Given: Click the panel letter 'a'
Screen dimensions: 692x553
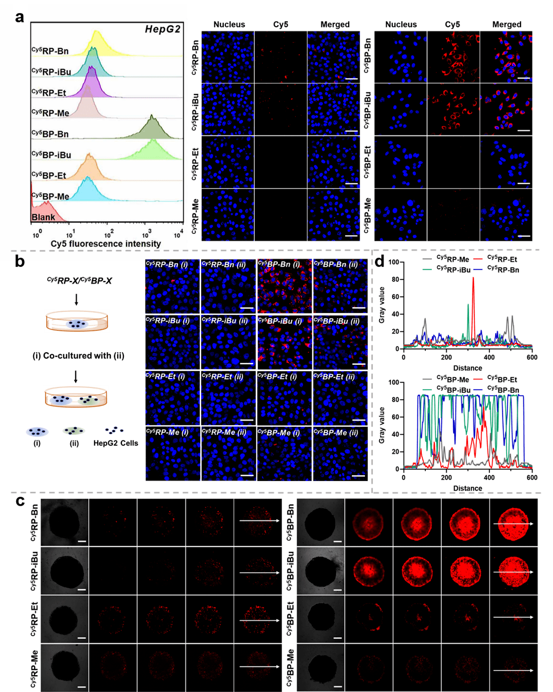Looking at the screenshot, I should (20, 17).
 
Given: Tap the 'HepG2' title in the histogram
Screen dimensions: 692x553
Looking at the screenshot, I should (162, 29).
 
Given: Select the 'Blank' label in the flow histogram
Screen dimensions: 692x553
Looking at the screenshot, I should (43, 217).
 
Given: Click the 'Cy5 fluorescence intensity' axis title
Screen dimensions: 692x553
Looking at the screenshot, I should (106, 244).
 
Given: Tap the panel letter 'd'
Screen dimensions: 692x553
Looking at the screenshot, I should (379, 260).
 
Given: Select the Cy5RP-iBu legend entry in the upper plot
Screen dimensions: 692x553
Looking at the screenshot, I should (453, 269).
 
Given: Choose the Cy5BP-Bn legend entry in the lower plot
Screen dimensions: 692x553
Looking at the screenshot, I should (503, 390).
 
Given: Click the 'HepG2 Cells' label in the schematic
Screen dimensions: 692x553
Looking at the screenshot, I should (116, 443).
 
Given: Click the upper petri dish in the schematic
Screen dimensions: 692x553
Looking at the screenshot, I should (77, 321).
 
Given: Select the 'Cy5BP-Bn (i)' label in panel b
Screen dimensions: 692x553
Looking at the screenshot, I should (279, 264).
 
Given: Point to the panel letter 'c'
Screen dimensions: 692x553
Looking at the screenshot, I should (20, 501).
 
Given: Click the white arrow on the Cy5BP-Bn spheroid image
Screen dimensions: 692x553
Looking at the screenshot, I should (513, 523).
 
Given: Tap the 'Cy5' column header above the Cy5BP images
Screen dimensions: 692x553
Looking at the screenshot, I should (452, 24).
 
